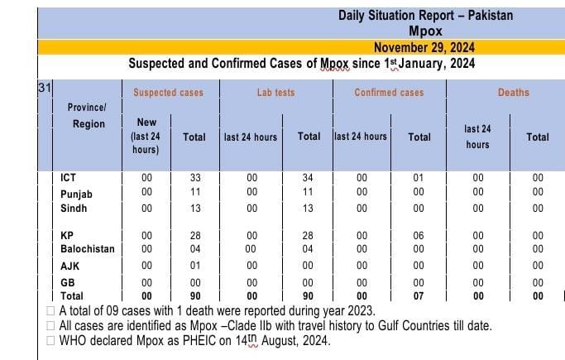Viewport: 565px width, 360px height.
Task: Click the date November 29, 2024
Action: [x=424, y=47]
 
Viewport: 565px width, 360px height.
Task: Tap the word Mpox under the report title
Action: [x=425, y=31]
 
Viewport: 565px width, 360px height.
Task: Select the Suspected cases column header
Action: [x=168, y=92]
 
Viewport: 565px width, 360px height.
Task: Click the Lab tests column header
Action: [x=276, y=92]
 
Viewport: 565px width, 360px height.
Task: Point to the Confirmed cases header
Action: [x=389, y=92]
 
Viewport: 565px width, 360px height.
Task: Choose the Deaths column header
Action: [x=514, y=92]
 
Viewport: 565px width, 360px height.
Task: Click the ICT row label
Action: [x=68, y=178]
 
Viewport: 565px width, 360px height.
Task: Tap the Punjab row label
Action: [x=76, y=194]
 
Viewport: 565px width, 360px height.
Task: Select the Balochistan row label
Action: [x=88, y=248]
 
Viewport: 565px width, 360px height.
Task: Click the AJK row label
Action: [x=70, y=266]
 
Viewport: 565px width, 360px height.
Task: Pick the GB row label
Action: [x=68, y=282]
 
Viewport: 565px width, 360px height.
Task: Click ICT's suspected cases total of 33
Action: [x=195, y=178]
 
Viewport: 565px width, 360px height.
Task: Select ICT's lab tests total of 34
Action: [x=308, y=178]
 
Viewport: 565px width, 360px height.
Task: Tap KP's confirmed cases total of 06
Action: [x=419, y=235]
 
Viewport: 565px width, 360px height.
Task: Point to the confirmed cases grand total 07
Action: [x=419, y=295]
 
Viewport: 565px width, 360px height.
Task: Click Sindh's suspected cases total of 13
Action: [x=195, y=209]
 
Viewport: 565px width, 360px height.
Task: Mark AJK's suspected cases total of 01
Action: [x=195, y=265]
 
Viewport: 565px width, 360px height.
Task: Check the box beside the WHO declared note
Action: [x=50, y=340]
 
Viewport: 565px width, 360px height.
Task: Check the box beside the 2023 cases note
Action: [x=50, y=310]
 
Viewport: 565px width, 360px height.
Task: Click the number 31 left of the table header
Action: [x=45, y=88]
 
